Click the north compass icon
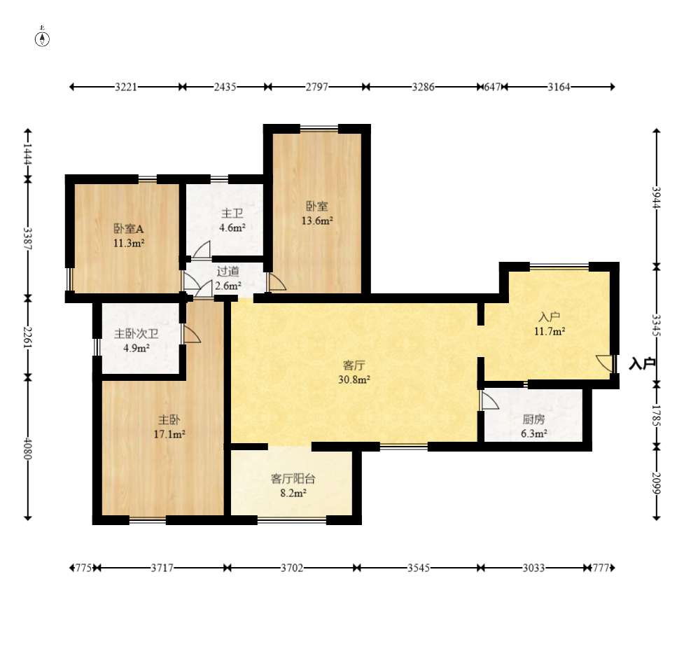[42, 39]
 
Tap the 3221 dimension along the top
[126, 88]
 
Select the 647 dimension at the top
[492, 88]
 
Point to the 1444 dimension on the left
[28, 154]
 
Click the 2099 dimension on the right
[657, 483]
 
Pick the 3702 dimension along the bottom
[292, 568]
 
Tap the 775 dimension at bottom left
[84, 568]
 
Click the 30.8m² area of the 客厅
[354, 380]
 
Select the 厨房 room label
[533, 419]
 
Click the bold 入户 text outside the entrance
[642, 363]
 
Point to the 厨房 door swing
[489, 400]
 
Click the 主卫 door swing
[202, 249]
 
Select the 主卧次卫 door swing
[192, 334]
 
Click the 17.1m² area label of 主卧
[169, 434]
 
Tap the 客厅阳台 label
[293, 479]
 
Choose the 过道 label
[228, 271]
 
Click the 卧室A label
[129, 229]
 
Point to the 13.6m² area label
[317, 221]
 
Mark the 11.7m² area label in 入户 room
[550, 331]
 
